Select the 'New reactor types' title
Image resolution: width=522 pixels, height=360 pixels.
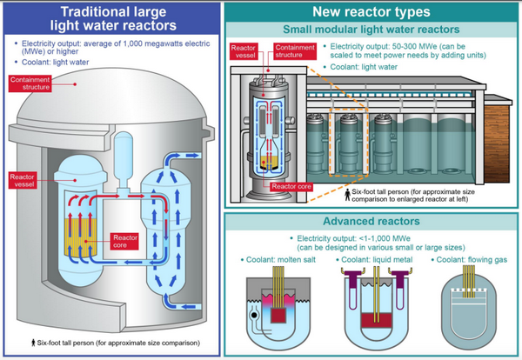371,12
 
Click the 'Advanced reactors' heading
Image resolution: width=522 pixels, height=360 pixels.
371,220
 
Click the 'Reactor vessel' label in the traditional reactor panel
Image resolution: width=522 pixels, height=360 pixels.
23,180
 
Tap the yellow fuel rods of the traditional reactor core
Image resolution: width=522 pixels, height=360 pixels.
84,236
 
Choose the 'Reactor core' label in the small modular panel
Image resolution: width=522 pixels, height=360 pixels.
292,185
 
